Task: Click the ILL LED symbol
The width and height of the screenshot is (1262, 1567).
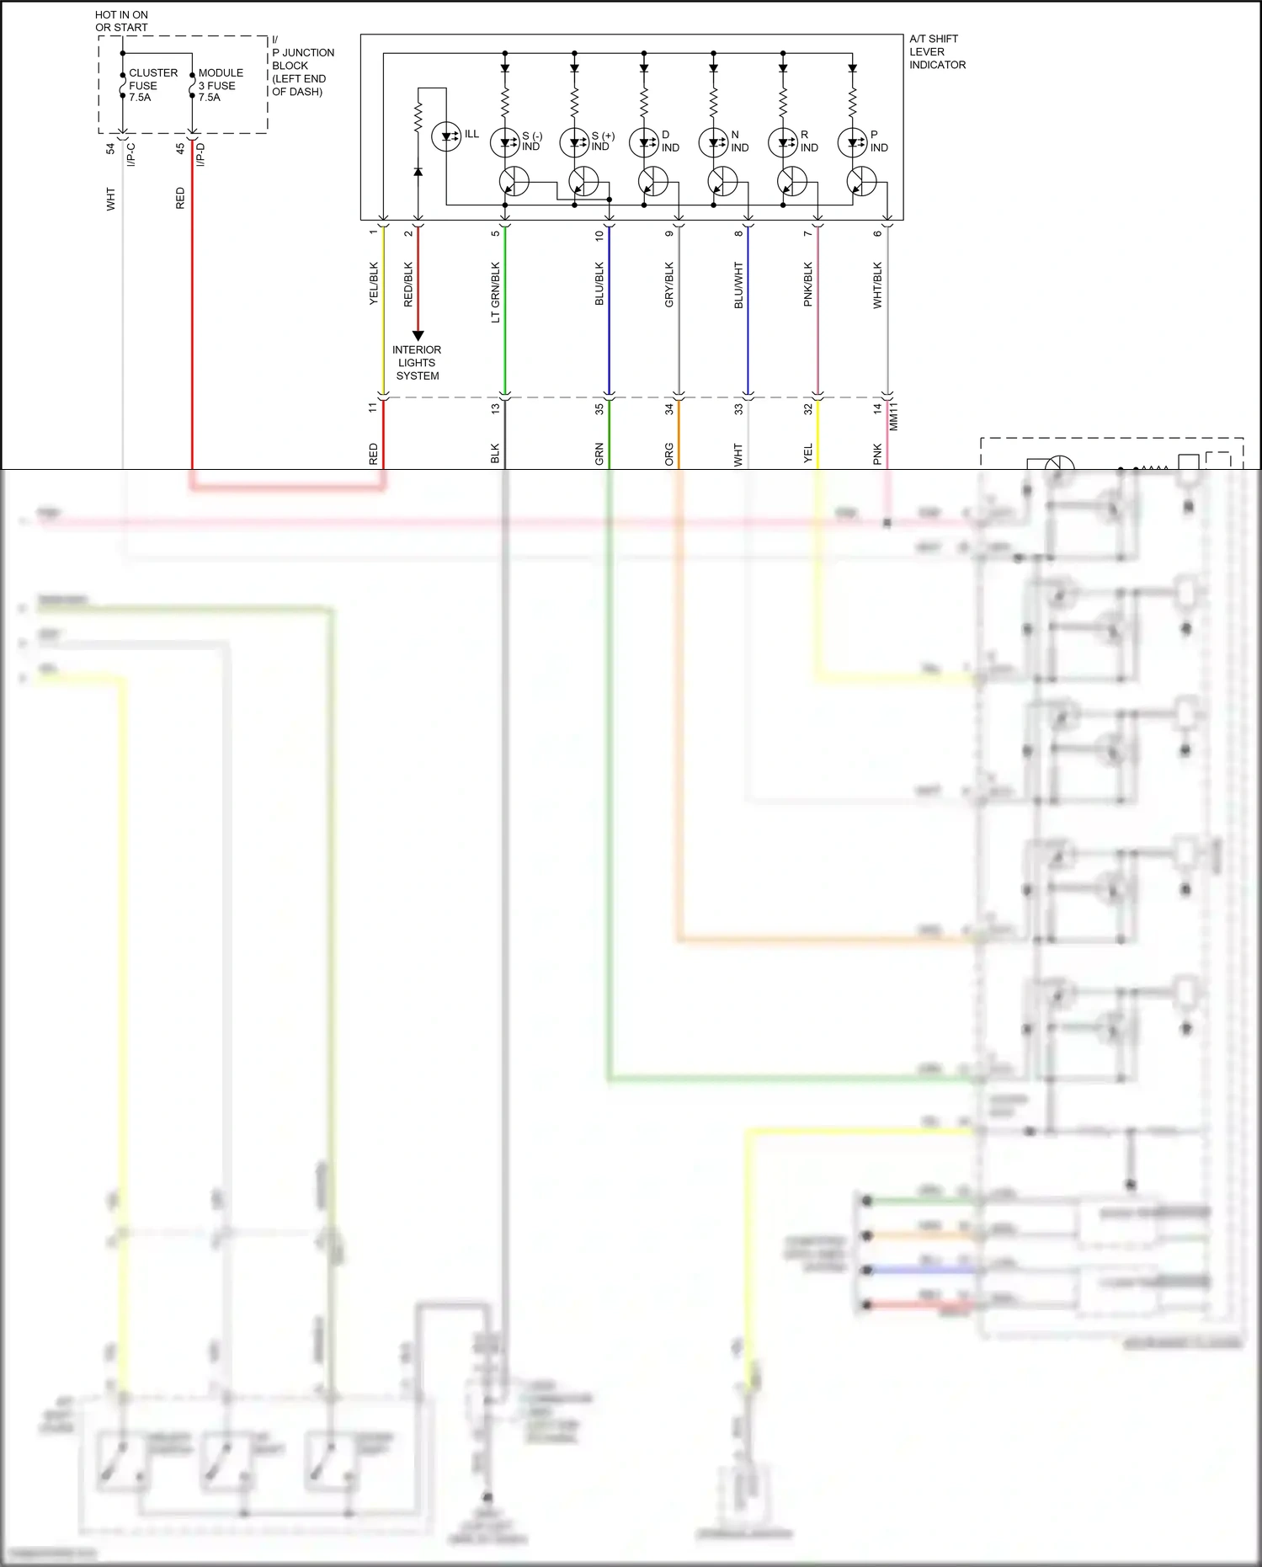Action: pos(446,136)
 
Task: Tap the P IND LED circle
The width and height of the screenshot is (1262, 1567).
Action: pos(852,142)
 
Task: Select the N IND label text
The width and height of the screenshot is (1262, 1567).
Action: pos(739,141)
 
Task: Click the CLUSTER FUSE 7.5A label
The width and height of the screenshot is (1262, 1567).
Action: pos(152,85)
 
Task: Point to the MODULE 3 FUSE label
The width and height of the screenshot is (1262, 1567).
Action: pos(221,85)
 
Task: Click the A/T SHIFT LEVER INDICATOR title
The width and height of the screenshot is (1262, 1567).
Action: pos(937,51)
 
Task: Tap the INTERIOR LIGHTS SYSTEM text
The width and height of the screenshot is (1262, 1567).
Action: pos(417,363)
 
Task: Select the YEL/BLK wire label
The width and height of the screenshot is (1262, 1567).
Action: pos(374,284)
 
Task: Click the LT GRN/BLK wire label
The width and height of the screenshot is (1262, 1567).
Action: pos(495,292)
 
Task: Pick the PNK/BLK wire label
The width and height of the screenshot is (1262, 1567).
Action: pos(807,285)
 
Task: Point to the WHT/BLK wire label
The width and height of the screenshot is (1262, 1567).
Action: pos(877,285)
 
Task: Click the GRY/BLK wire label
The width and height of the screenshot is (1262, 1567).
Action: pos(669,285)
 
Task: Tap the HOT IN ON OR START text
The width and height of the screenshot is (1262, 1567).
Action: pos(121,21)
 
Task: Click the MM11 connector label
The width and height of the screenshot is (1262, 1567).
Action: pos(893,417)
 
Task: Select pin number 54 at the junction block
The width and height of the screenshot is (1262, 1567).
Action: pos(110,148)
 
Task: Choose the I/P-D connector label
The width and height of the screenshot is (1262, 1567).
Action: pos(200,155)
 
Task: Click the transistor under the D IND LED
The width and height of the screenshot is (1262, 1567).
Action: pos(652,181)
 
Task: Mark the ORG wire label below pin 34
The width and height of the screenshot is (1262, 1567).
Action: pos(669,454)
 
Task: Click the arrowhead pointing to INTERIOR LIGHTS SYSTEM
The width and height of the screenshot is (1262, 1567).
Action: pos(418,335)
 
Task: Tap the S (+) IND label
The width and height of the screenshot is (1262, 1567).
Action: pos(602,141)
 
